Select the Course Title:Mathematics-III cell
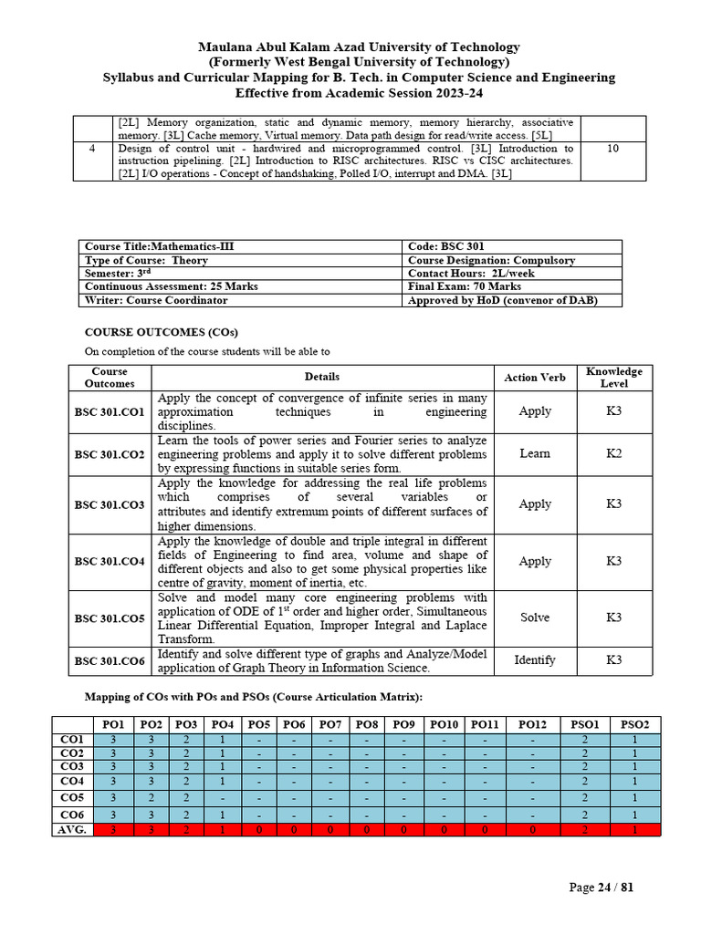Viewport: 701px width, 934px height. (152, 246)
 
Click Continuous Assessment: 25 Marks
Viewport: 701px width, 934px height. (171, 286)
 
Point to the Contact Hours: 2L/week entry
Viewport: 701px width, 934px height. (471, 273)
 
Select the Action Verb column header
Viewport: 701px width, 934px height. (534, 378)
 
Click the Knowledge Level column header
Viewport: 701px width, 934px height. (613, 378)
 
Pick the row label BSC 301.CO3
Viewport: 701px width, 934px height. (110, 503)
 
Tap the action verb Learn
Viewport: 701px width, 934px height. (534, 453)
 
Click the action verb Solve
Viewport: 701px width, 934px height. (534, 617)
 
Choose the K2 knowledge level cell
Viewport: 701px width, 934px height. (613, 453)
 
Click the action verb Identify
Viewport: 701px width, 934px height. (534, 659)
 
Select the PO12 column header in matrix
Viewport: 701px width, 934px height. (533, 724)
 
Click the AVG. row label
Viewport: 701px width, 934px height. (72, 829)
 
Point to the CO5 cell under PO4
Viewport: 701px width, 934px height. (222, 798)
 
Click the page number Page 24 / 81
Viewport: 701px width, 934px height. (601, 887)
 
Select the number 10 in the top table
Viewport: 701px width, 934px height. (612, 148)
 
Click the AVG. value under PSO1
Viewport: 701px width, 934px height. (583, 829)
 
